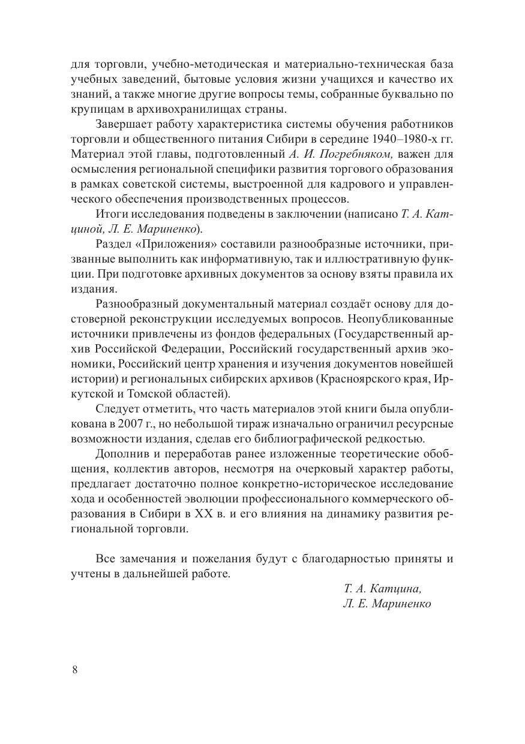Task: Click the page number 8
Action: point(74,670)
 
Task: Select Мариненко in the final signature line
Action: point(401,604)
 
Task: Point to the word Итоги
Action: point(110,214)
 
